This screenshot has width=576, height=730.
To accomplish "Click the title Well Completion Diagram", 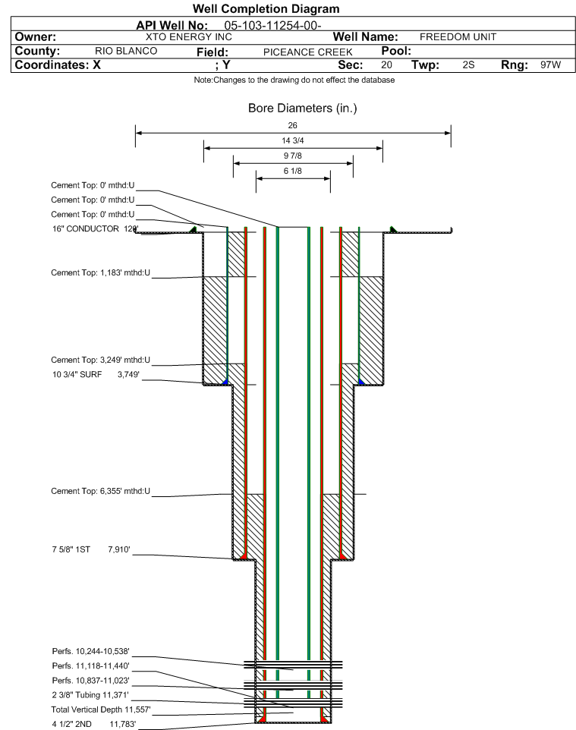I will click(266, 9).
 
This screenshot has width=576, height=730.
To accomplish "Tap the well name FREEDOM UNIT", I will click(458, 36).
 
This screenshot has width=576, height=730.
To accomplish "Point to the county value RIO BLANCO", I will click(126, 51).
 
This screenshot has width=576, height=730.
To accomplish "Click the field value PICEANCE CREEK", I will click(308, 52).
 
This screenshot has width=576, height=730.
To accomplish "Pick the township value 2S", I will click(468, 65).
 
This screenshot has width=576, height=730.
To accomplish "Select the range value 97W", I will click(550, 65).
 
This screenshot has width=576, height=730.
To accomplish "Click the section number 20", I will click(387, 65).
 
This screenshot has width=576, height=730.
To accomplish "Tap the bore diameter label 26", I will click(293, 125).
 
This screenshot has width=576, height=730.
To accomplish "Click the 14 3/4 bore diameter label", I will click(293, 141).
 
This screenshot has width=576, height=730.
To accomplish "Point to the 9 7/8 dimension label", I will click(293, 156).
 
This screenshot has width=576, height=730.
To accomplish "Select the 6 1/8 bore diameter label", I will click(293, 171).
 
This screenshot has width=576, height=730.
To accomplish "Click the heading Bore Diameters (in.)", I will click(302, 109).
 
